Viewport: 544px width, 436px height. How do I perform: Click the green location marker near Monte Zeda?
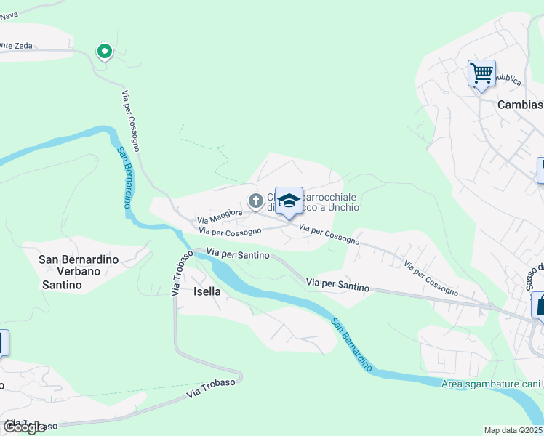click(105, 52)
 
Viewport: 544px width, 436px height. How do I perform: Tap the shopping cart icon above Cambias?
click(481, 73)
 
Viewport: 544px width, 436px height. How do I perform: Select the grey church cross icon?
click(255, 201)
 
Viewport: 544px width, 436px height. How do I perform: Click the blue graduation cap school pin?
click(289, 201)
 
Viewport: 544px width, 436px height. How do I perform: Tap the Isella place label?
click(207, 291)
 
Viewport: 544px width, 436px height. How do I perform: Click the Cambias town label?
click(519, 105)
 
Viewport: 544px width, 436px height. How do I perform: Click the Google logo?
click(24, 427)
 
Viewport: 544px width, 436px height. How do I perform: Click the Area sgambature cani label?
click(492, 384)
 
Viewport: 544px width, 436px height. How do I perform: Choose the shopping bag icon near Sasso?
click(540, 305)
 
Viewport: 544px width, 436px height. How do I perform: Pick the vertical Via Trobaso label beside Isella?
click(178, 274)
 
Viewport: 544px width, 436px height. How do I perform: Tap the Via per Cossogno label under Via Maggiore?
click(230, 232)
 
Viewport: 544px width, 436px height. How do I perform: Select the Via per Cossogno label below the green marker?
click(131, 121)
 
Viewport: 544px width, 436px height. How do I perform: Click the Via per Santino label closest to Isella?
click(237, 255)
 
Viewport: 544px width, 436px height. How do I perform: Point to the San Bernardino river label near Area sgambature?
click(352, 344)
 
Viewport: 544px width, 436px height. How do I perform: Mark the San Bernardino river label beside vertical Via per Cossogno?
click(124, 177)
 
